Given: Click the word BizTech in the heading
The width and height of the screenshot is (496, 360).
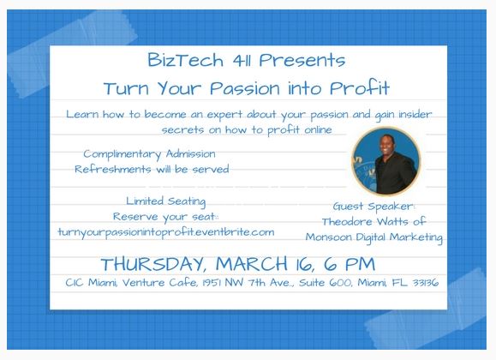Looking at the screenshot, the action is pyautogui.click(x=185, y=60).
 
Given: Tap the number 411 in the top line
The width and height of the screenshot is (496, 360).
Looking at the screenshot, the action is pyautogui.click(x=242, y=61).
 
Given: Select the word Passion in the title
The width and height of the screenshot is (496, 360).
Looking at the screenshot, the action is pyautogui.click(x=245, y=88).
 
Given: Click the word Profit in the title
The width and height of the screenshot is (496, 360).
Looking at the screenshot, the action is pyautogui.click(x=359, y=87).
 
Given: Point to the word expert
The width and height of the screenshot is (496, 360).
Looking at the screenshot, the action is pyautogui.click(x=224, y=115).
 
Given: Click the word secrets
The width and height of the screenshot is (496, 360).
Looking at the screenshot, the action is pyautogui.click(x=182, y=130).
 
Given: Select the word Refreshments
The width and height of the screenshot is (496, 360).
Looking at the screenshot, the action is pyautogui.click(x=113, y=169).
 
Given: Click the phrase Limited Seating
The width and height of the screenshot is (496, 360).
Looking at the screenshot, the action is pyautogui.click(x=165, y=201).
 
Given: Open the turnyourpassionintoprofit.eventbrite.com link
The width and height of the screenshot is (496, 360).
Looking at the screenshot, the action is pyautogui.click(x=166, y=233).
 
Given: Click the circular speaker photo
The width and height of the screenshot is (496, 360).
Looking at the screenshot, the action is pyautogui.click(x=385, y=161).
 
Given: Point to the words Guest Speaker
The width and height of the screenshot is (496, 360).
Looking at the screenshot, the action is pyautogui.click(x=373, y=207).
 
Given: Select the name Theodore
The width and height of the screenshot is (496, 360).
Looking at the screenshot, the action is pyautogui.click(x=347, y=222).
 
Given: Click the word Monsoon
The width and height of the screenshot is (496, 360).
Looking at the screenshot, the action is pyautogui.click(x=329, y=237).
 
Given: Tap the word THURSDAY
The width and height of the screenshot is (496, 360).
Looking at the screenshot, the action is pyautogui.click(x=153, y=264).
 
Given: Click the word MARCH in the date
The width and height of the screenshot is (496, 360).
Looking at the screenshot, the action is pyautogui.click(x=252, y=264).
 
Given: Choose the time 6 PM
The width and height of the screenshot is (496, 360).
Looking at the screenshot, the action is pyautogui.click(x=350, y=264).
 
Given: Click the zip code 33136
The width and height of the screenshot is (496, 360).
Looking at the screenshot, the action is pyautogui.click(x=426, y=282).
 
